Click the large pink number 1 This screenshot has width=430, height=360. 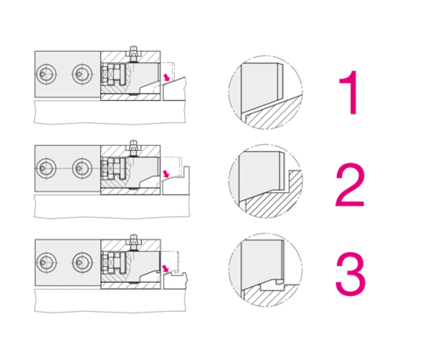click(350, 92)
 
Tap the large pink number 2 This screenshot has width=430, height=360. click(350, 185)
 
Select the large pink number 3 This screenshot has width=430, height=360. click(350, 275)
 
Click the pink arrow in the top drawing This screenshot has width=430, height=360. click(166, 77)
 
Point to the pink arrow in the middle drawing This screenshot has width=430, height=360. click(166, 174)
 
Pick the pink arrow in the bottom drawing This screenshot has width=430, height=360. click(166, 269)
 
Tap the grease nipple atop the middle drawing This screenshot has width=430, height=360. click(133, 148)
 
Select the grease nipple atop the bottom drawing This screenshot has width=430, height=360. click(133, 242)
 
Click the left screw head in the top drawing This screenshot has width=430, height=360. click(46, 74)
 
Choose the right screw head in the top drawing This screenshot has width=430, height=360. click(82, 74)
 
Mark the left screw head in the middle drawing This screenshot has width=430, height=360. click(46, 168)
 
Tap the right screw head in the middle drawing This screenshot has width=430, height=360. click(82, 168)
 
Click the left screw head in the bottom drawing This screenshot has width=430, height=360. click(46, 263)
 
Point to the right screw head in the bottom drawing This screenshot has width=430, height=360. click(82, 263)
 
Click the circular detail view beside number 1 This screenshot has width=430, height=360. click(265, 92)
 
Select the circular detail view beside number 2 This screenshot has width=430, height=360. click(265, 181)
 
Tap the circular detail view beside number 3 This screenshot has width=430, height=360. click(265, 270)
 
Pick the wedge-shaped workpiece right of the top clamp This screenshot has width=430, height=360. click(175, 90)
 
